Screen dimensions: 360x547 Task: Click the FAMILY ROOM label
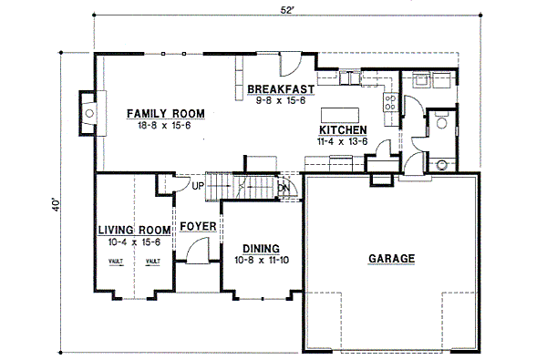165,113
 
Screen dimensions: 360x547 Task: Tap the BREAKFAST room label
281,88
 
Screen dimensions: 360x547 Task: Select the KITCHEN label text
342,130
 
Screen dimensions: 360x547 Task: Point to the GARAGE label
391,259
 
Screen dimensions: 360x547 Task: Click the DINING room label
261,249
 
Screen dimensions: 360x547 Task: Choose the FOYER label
197,226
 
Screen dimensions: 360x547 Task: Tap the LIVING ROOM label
134,230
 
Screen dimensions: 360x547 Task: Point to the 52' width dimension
287,9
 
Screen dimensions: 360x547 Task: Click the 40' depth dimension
57,201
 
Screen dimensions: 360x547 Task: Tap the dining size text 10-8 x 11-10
261,261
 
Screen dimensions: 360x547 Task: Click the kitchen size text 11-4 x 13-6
342,141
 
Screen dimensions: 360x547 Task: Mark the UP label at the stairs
198,187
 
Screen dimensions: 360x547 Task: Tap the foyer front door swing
198,249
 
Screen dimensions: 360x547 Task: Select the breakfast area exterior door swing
289,64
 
